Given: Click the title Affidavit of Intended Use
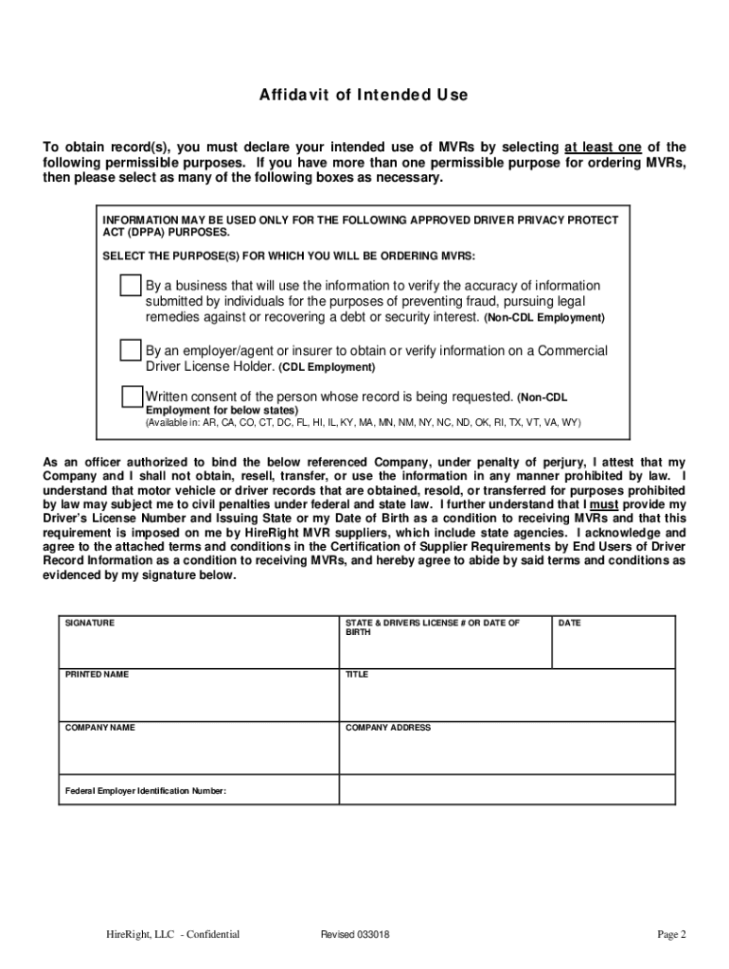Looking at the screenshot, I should point(364,96).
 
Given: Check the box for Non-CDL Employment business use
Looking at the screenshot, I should point(131,286).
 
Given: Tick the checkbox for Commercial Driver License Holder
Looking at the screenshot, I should point(131,351).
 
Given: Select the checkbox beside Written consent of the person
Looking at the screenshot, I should point(132,396).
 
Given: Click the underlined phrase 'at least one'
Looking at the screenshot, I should point(603,147).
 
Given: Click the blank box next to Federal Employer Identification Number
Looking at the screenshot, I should point(507,790).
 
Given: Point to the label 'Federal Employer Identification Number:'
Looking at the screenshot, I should point(146,790).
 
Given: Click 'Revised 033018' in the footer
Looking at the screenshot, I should point(355,935).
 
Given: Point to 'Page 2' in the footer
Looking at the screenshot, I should point(672,935).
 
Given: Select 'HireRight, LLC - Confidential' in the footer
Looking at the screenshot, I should point(172,935).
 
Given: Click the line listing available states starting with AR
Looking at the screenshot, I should point(363,422).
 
